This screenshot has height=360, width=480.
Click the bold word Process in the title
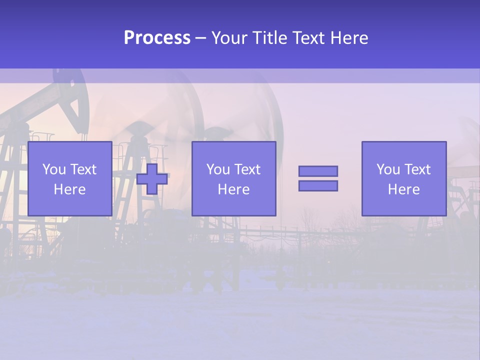(157, 38)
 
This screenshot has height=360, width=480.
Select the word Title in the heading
(269, 38)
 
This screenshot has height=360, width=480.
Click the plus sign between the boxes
(152, 179)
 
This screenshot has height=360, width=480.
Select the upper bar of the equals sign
(318, 171)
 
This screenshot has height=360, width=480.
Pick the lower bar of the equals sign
(318, 186)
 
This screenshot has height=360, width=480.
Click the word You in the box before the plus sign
(54, 169)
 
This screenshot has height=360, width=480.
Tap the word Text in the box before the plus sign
(83, 169)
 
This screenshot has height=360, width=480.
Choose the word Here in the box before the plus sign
(69, 189)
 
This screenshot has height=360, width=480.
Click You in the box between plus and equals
(218, 169)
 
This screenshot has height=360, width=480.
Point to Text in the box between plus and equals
(247, 169)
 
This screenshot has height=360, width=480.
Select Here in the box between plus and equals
(233, 189)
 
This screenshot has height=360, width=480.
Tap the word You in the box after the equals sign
(388, 169)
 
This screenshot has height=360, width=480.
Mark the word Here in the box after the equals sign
(403, 189)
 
